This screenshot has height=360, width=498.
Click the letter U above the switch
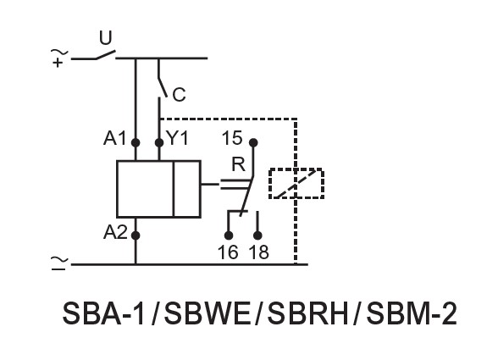[x=106, y=38]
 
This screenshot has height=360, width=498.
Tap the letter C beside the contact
[x=179, y=95]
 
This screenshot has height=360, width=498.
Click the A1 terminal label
[x=114, y=138]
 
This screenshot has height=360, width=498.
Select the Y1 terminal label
[x=178, y=138]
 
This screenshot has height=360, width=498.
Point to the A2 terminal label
[x=115, y=232]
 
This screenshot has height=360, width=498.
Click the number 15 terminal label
[x=232, y=138]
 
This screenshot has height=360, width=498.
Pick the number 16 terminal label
[x=228, y=252]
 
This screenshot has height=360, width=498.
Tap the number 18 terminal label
[x=258, y=252]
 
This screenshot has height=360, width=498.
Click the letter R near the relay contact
[x=239, y=164]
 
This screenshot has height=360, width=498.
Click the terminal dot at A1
[x=136, y=142]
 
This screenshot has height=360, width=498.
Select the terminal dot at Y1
[x=159, y=142]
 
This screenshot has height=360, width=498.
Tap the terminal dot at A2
[x=136, y=235]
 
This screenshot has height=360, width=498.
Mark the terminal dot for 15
[x=253, y=142]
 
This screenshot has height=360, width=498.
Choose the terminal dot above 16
[x=229, y=235]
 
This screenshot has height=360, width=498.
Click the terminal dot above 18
[x=257, y=235]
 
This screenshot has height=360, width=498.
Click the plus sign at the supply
[x=58, y=63]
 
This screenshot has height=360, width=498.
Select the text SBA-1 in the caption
[x=103, y=313]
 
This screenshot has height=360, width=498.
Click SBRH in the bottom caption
[x=307, y=313]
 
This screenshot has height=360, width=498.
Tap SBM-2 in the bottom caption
[x=412, y=313]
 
